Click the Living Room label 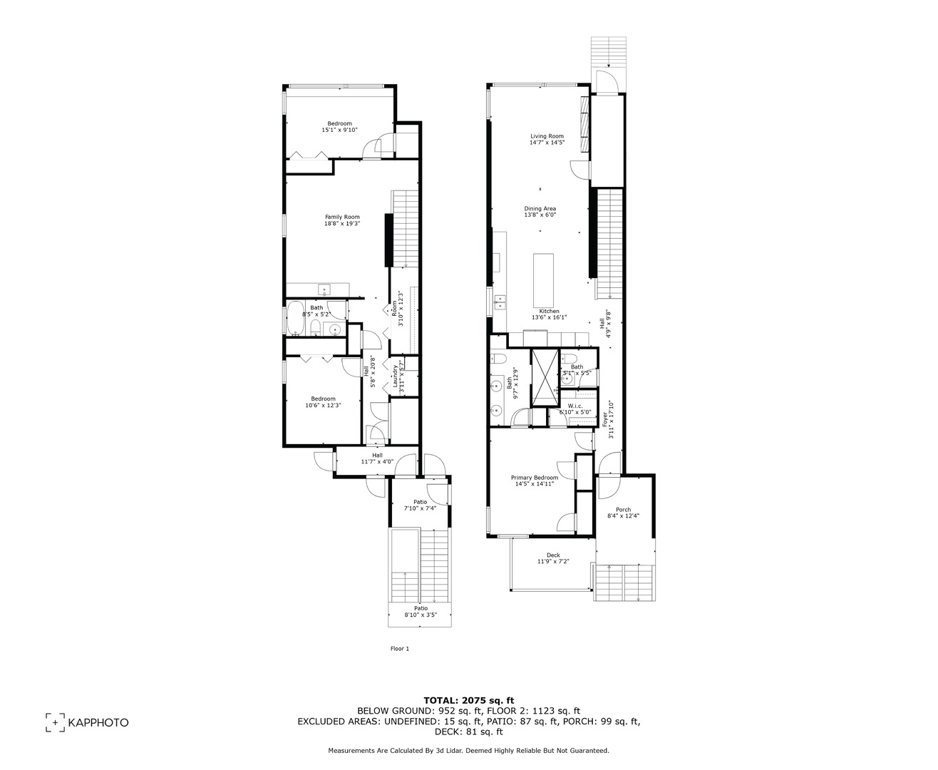pyautogui.click(x=547, y=136)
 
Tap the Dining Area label pyautogui.click(x=540, y=209)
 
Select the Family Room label pyautogui.click(x=342, y=217)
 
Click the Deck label pyautogui.click(x=553, y=555)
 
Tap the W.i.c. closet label pyautogui.click(x=575, y=406)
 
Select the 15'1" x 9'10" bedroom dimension pyautogui.click(x=339, y=130)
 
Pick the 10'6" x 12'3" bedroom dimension pyautogui.click(x=323, y=405)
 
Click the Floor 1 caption pyautogui.click(x=400, y=649)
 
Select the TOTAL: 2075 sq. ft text pyautogui.click(x=468, y=700)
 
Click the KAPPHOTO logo pyautogui.click(x=88, y=722)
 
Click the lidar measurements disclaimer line pyautogui.click(x=468, y=750)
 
